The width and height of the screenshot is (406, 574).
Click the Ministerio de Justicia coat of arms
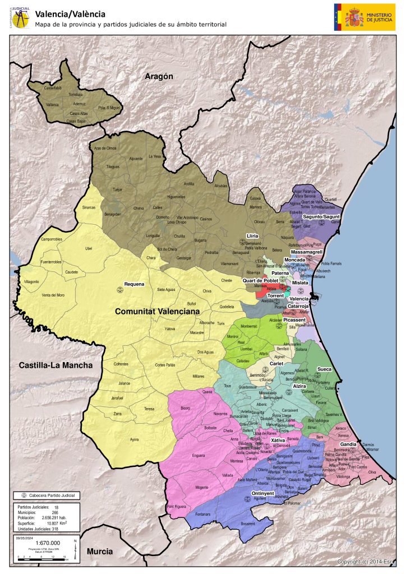coord(354,17)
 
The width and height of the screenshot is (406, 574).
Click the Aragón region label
coord(158,76)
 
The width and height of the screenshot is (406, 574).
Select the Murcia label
coord(100,552)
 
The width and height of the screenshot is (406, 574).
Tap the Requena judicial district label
coord(134,284)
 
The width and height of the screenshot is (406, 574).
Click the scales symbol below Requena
coord(119,290)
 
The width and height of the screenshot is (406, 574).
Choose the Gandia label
coord(348,444)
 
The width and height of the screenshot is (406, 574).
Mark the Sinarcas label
coord(89,207)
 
